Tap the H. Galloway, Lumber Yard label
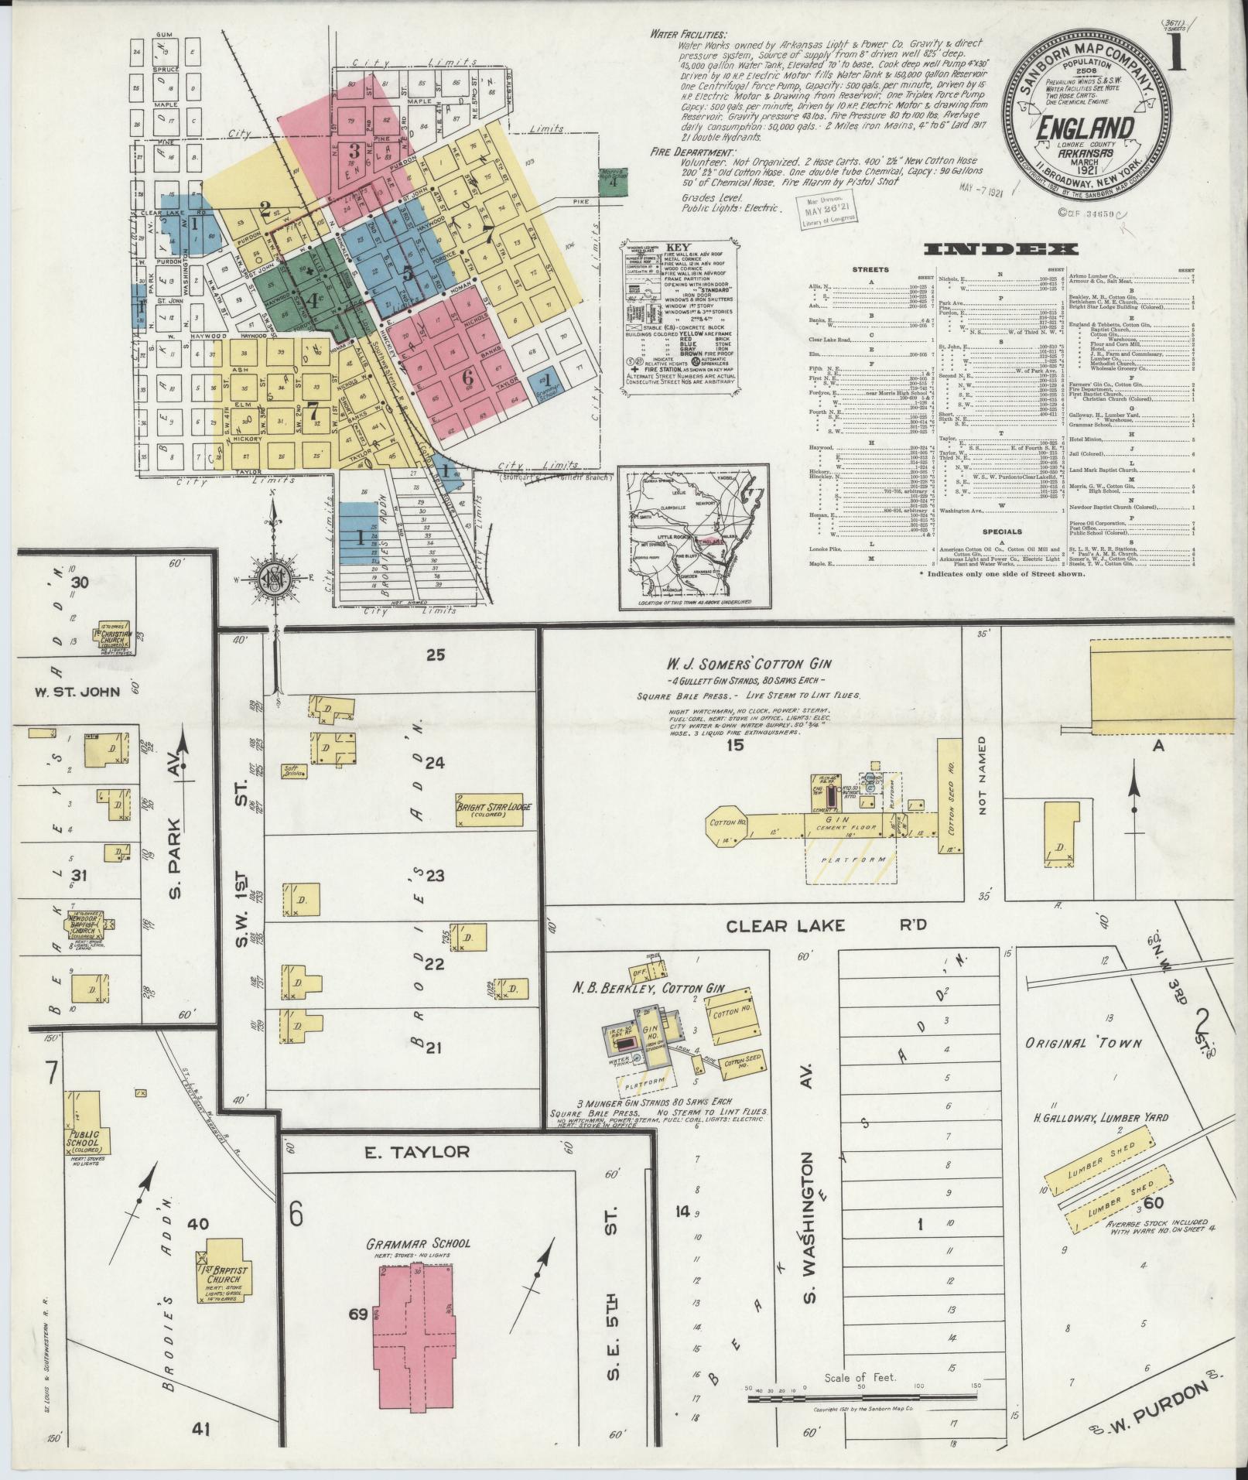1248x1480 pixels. pyautogui.click(x=1096, y=1117)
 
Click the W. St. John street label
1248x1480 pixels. pyautogui.click(x=77, y=691)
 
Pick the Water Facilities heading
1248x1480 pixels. pyautogui.click(x=688, y=34)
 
